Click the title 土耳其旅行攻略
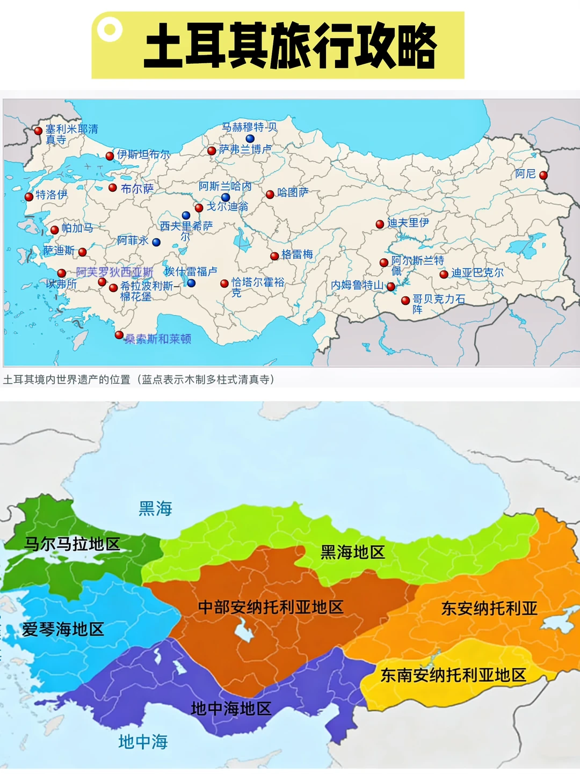click(290, 46)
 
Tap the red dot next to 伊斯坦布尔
click(110, 156)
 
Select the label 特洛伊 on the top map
click(52, 195)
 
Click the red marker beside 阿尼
click(543, 175)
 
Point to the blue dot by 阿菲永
click(156, 242)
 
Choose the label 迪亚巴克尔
click(477, 273)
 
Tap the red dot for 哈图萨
click(270, 194)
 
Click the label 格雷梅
click(297, 254)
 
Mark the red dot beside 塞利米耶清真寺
click(38, 130)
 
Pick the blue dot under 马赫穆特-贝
click(250, 138)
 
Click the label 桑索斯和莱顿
click(158, 339)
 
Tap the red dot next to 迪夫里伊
click(380, 224)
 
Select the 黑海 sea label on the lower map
click(155, 508)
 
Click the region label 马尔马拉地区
click(72, 544)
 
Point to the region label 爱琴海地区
click(63, 629)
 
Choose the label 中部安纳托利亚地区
click(271, 607)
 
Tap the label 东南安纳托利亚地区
click(453, 675)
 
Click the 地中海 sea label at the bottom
click(143, 742)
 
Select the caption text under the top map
click(139, 379)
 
